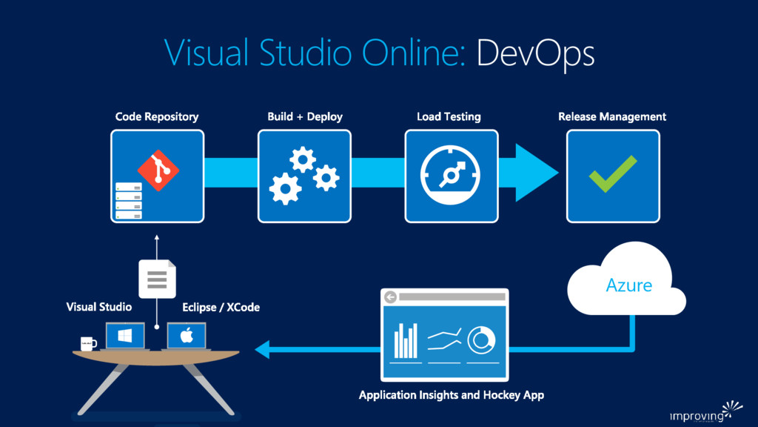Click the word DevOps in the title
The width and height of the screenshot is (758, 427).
click(x=535, y=53)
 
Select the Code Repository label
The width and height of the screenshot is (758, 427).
click(x=157, y=117)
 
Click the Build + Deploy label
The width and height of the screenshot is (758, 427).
click(x=305, y=117)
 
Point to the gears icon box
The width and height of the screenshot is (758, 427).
click(x=304, y=176)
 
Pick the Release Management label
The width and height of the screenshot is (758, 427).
click(x=612, y=117)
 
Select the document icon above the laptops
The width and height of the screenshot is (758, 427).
click(x=157, y=279)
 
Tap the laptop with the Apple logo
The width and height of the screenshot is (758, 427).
click(x=187, y=337)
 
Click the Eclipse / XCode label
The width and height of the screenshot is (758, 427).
click(x=221, y=307)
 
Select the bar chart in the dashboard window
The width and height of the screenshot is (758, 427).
click(x=405, y=341)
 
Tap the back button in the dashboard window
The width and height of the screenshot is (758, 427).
click(x=391, y=297)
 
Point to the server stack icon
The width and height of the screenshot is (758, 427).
click(x=128, y=200)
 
